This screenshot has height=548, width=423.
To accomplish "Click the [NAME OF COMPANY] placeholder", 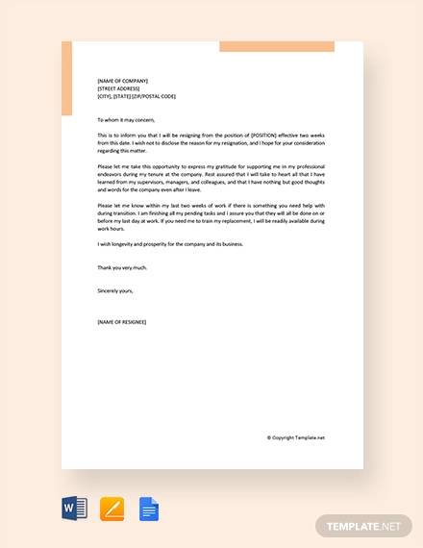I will pos(122,81).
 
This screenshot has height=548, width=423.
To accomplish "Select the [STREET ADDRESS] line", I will pos(118,88).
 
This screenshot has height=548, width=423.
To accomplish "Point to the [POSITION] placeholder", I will pos(264,136).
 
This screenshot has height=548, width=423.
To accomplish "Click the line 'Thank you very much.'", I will pos(120,268).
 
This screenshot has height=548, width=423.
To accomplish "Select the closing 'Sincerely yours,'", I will pos(115,289).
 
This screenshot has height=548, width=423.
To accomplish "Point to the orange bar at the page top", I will pos(276,46).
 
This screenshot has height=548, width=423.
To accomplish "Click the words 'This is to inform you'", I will pos(119,136).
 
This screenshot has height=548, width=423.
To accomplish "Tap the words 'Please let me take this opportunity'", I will pos(134,165).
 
